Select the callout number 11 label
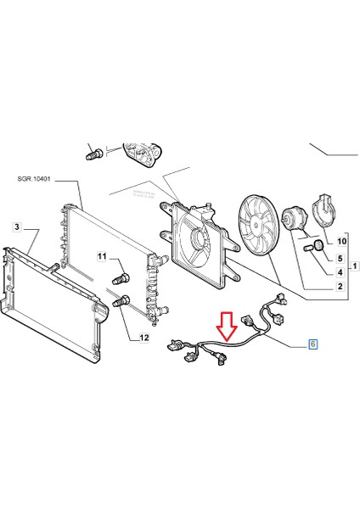tap(102, 256)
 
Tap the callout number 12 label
tap(143, 338)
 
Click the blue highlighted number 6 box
tap(312, 344)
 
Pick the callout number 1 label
tap(353, 266)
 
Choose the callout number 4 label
tap(340, 272)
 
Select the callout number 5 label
tap(340, 258)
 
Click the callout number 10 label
tap(341, 242)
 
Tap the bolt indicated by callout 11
tap(120, 277)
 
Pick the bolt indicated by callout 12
tap(121, 299)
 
